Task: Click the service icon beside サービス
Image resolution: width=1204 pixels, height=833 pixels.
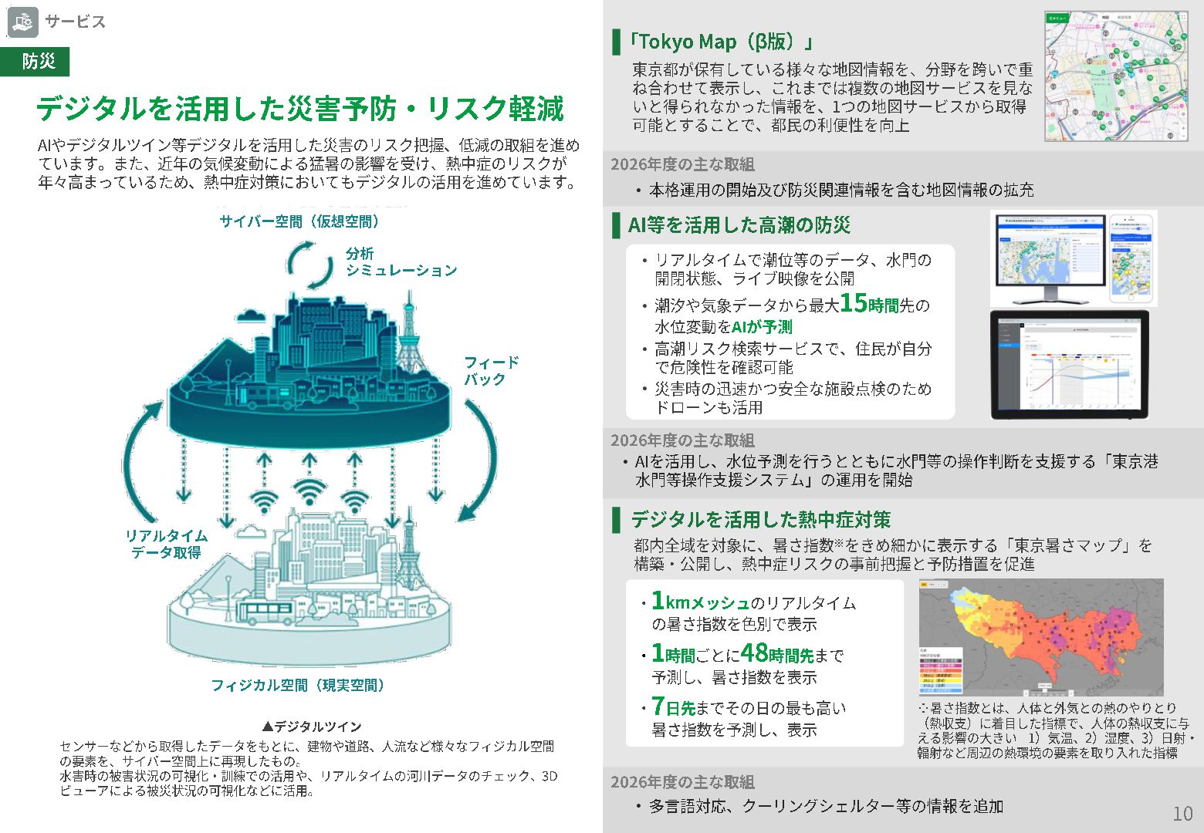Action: tap(22, 22)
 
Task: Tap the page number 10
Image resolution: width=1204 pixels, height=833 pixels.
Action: tap(1182, 813)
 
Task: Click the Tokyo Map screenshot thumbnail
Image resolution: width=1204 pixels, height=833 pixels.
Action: tap(1115, 76)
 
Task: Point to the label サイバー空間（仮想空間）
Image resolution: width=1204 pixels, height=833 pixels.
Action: tap(300, 222)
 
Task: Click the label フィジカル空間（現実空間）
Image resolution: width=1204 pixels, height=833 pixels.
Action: tap(299, 685)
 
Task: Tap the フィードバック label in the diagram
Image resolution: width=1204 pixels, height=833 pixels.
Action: tap(491, 371)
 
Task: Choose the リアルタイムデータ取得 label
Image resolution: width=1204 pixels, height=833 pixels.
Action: tap(167, 544)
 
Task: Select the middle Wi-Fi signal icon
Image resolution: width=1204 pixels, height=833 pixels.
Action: tap(309, 491)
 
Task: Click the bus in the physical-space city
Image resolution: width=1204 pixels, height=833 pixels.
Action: tap(265, 612)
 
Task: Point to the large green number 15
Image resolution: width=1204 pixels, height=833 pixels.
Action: tap(854, 302)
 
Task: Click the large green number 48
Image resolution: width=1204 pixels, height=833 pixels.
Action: tap(754, 653)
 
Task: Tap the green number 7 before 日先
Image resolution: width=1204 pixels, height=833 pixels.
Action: tap(658, 706)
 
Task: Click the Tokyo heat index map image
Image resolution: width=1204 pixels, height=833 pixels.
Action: tap(1040, 637)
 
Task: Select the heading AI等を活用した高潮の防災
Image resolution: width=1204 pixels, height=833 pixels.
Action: tap(739, 225)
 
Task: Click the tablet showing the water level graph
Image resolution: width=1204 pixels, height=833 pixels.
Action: tap(1069, 365)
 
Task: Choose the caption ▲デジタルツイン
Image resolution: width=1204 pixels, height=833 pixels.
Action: tap(312, 727)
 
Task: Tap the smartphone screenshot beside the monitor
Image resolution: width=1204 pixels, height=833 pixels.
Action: tap(1133, 258)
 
